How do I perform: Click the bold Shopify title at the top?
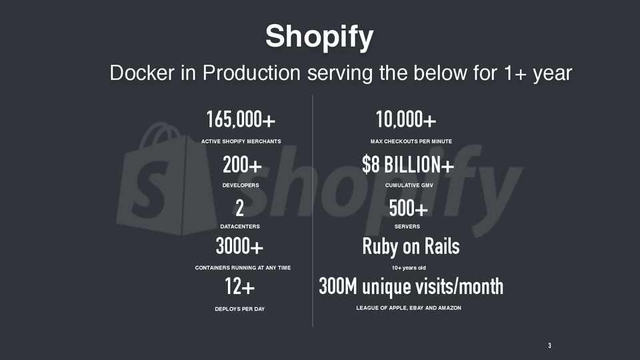click(x=319, y=37)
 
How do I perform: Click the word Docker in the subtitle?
click(x=142, y=73)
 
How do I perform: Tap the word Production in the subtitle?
click(x=251, y=73)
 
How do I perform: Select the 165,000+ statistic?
click(x=241, y=119)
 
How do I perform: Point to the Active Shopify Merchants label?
click(x=241, y=141)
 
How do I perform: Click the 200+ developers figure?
click(x=242, y=165)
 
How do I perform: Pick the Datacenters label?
click(x=240, y=227)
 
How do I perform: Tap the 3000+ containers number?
click(x=239, y=246)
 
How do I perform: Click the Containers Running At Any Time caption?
click(x=243, y=268)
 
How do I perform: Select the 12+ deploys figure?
click(x=240, y=286)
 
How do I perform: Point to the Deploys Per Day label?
click(x=240, y=309)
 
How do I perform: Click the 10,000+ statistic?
click(x=406, y=119)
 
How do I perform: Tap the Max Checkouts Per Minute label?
click(x=411, y=141)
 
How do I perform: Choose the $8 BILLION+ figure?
click(x=408, y=165)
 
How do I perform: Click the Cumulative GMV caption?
click(x=409, y=185)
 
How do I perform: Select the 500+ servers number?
click(x=408, y=208)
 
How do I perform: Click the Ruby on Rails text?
click(x=411, y=247)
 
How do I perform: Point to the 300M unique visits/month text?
click(x=411, y=287)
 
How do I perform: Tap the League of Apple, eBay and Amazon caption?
click(x=409, y=308)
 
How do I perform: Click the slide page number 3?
click(x=550, y=346)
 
